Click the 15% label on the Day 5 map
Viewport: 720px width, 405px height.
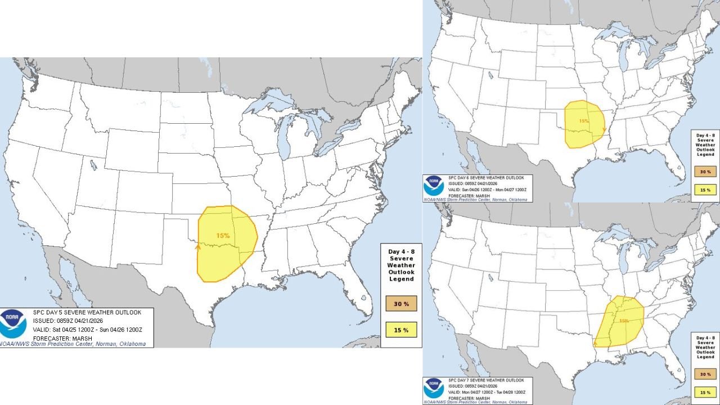(223, 235)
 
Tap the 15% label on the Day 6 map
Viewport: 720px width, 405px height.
(584, 121)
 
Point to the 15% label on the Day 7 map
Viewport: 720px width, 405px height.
(624, 321)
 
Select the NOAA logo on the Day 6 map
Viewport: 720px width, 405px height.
(434, 185)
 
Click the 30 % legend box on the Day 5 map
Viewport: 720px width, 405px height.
(401, 304)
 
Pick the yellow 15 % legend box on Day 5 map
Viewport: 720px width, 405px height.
(401, 329)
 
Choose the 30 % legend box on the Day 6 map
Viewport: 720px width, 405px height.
(705, 172)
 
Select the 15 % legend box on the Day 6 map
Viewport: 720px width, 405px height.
(705, 190)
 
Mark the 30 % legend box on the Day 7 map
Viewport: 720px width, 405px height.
(705, 373)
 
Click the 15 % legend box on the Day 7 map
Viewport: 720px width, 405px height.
(705, 391)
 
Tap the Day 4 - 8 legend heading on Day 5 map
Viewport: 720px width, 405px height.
(401, 265)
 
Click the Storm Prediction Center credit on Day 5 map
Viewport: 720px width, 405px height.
(73, 344)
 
